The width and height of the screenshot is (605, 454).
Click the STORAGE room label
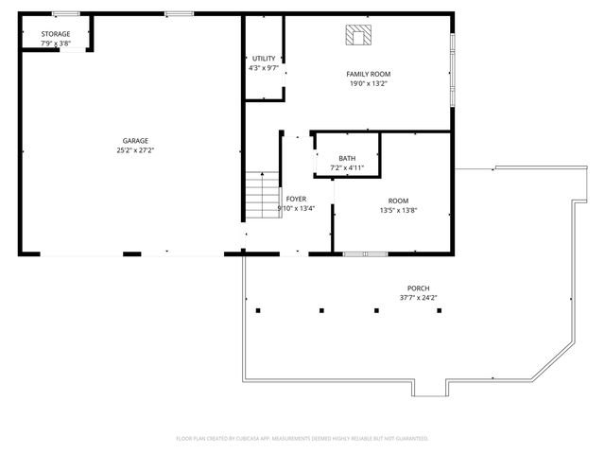55,34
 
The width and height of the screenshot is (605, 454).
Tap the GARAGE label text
135,141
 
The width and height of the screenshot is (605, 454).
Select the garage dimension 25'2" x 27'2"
135,149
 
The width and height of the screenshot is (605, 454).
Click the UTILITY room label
264,59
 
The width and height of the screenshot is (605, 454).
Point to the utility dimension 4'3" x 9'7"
264,67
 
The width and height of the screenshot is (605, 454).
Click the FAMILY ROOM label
368,74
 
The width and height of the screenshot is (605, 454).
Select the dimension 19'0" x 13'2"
368,83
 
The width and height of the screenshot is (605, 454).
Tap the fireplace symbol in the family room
358,36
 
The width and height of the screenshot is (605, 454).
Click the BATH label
347,158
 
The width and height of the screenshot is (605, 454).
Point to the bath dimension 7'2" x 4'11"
347,167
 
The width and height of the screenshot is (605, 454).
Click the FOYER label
296,200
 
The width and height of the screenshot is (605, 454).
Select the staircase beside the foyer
263,195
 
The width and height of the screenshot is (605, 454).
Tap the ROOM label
398,201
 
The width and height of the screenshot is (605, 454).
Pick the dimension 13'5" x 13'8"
398,210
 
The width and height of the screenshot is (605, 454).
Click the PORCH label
418,288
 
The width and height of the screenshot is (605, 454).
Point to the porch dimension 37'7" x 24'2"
418,298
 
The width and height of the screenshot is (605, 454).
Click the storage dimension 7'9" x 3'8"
55,44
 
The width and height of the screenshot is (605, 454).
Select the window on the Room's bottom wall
364,253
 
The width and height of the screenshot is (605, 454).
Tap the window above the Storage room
65,13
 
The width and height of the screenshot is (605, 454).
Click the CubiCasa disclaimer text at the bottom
302,438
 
